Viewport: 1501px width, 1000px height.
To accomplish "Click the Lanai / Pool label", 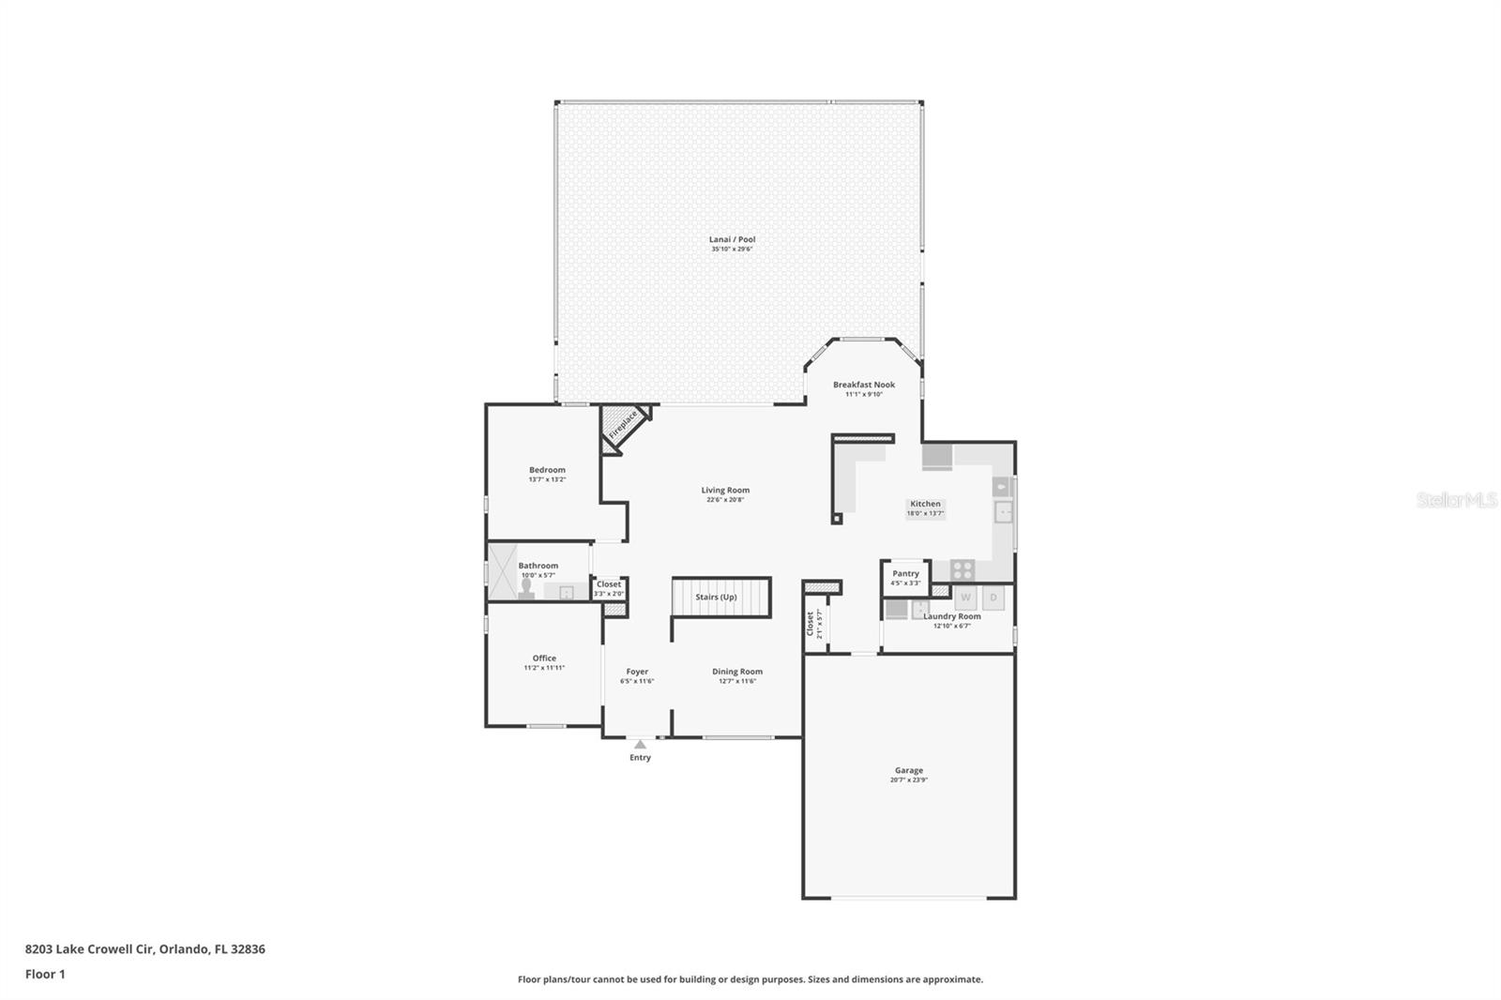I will tap(732, 239).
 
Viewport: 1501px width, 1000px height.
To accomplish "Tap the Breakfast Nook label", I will tap(863, 385).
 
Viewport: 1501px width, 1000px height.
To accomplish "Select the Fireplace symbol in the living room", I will tap(622, 425).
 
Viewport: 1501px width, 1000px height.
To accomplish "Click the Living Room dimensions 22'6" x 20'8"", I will tap(725, 500).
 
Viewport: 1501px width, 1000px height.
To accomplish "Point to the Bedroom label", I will tap(547, 470).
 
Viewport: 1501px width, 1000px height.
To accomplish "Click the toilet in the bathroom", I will tap(526, 588).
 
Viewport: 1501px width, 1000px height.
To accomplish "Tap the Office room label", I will tap(544, 659).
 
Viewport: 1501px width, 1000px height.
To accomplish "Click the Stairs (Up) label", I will tap(716, 597).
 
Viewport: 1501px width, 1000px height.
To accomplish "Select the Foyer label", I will tap(637, 672).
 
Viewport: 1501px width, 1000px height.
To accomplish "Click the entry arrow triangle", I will tap(640, 745).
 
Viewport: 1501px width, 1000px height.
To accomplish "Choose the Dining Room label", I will tap(737, 672).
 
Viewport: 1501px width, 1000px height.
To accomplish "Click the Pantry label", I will tap(905, 573).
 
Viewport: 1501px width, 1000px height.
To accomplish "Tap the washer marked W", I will tap(965, 597).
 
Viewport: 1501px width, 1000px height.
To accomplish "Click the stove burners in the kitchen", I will tap(963, 568).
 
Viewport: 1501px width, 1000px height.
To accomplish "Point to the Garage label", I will tap(908, 770).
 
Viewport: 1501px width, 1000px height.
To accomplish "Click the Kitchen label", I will tap(925, 504).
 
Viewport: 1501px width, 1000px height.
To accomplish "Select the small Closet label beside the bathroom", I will tap(608, 584).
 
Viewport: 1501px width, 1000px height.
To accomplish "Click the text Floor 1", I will tap(45, 974).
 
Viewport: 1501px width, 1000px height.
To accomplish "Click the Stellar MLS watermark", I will tap(1456, 501).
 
